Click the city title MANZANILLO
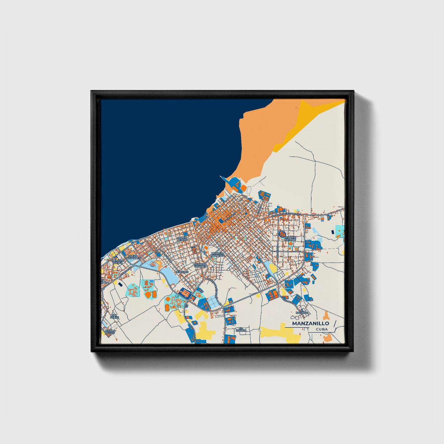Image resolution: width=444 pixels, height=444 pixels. pyautogui.click(x=310, y=324)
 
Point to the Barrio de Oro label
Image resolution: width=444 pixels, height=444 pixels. pyautogui.click(x=183, y=239)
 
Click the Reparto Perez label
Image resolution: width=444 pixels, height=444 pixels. pyautogui.click(x=118, y=261)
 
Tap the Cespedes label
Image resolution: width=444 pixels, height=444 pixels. pyautogui.click(x=181, y=272)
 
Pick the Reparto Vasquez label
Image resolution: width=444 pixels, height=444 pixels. pyautogui.click(x=200, y=265)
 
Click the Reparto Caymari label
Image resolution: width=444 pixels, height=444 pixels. pyautogui.click(x=290, y=239)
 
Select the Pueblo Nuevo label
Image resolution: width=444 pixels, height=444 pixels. pyautogui.click(x=110, y=332)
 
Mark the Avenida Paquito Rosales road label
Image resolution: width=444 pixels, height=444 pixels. pyautogui.click(x=286, y=214)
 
